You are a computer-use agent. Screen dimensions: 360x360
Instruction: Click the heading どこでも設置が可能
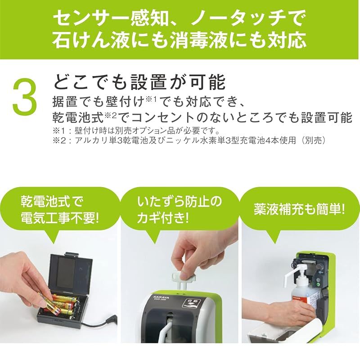[x=139, y=82]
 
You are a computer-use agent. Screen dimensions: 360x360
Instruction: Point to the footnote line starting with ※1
[x=136, y=131]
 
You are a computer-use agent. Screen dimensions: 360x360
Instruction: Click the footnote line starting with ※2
[x=189, y=140]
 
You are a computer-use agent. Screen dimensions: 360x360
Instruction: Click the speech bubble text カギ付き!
[x=162, y=217]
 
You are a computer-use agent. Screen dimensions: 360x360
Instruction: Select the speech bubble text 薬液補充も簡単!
[x=299, y=209]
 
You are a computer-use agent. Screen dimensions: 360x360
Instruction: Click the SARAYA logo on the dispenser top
[x=161, y=298]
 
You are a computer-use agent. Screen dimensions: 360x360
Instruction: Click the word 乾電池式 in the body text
[x=78, y=117]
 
